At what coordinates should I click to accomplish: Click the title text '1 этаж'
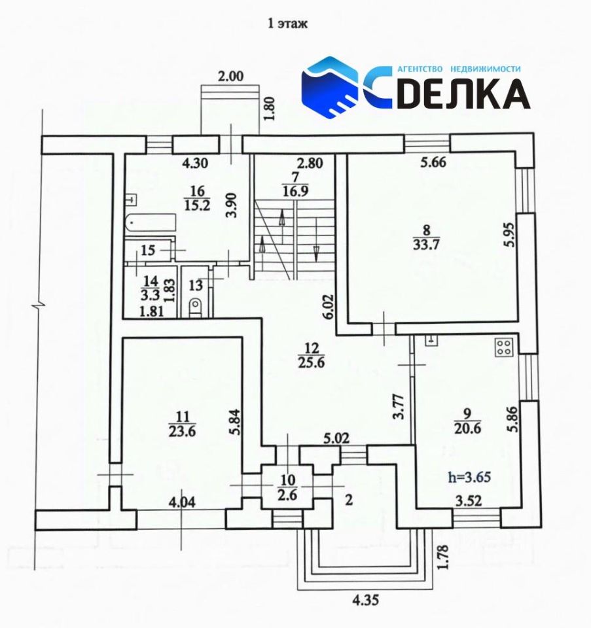pos(287,24)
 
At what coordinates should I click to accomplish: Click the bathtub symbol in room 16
pos(151,223)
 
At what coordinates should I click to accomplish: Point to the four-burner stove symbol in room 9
pos(504,347)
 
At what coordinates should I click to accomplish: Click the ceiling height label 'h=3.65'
pos(469,477)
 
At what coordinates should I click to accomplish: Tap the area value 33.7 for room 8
pos(426,244)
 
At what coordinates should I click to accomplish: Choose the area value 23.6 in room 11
pos(183,431)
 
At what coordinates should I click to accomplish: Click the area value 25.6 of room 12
pos(312,362)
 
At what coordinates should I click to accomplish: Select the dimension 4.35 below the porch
pos(365,600)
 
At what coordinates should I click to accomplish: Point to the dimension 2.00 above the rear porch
pos(230,77)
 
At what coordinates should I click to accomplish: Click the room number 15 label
pos(148,251)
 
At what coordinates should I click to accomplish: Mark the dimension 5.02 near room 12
pos(336,438)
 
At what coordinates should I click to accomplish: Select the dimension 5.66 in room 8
pos(433,163)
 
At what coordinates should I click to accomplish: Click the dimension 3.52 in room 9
pos(469,500)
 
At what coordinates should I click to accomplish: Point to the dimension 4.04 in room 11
pos(182,502)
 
